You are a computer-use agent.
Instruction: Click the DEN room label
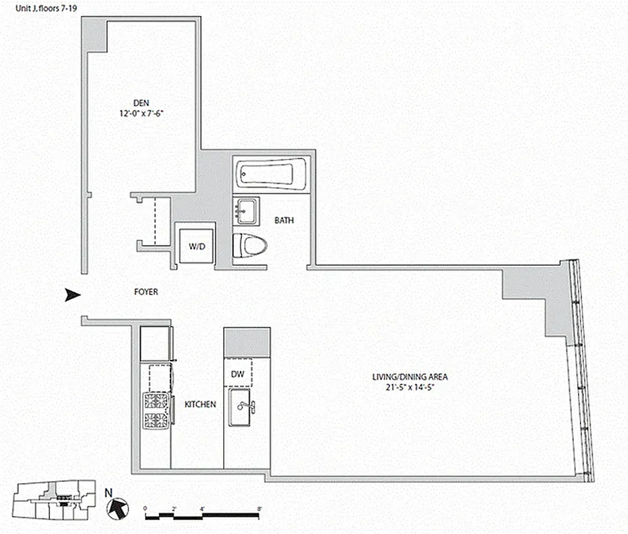click(140, 103)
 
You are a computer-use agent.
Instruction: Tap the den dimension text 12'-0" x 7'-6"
click(140, 113)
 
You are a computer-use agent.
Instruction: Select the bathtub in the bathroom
click(271, 174)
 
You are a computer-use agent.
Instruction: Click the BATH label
click(284, 220)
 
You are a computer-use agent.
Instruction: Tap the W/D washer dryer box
click(195, 246)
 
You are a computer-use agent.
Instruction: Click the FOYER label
click(146, 292)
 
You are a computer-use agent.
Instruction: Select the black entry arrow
click(72, 295)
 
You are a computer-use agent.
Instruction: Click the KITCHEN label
click(200, 405)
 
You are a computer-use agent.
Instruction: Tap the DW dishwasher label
click(237, 375)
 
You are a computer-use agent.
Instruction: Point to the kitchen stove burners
click(156, 411)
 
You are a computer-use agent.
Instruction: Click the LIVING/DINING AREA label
click(410, 376)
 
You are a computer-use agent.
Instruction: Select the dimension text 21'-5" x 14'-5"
click(410, 387)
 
